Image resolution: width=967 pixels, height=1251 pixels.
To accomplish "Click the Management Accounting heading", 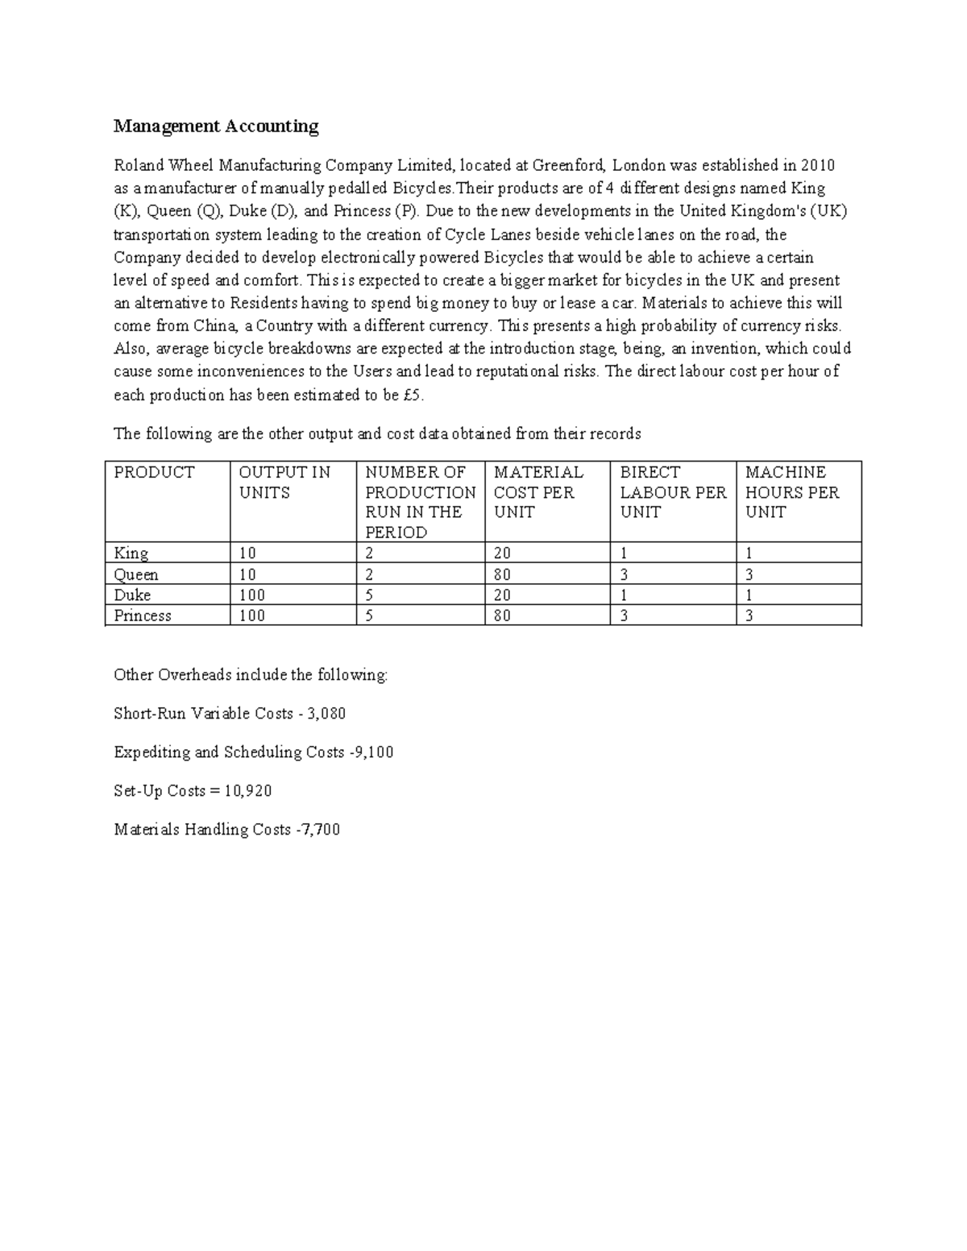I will point(216,126).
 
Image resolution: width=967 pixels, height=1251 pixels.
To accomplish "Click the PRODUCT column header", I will point(154,473).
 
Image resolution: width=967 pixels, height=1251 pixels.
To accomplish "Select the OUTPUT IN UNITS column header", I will point(284,483).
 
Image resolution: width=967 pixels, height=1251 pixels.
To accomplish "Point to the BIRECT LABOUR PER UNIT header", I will point(673,492).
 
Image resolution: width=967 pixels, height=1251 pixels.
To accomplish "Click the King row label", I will point(131,553).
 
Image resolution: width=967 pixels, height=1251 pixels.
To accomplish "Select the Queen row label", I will point(136,574).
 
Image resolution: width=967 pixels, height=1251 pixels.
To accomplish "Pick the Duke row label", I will point(132,595).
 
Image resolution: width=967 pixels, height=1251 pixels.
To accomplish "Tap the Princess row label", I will point(143,616).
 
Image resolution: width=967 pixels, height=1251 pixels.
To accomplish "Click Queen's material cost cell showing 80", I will point(502,574).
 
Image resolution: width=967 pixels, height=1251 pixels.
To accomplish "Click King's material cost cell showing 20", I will point(502,553).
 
